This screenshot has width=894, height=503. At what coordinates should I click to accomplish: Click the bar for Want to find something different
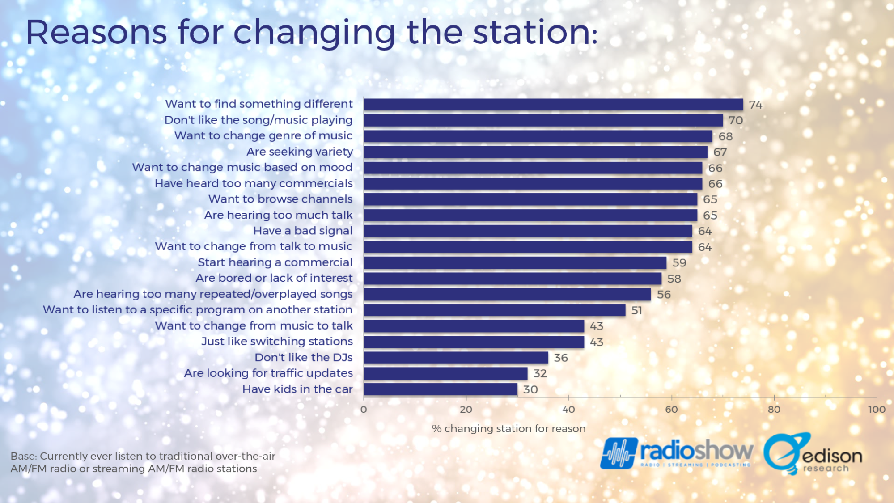pos(553,105)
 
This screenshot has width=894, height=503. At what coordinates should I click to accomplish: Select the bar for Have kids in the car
pos(441,389)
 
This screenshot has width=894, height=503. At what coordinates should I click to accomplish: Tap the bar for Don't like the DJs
pos(456,358)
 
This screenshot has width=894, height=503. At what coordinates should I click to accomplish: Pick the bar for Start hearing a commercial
pos(515,263)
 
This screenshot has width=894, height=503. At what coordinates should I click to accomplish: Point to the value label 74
pos(755,105)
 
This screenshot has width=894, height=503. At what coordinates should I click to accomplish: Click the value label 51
pos(636,310)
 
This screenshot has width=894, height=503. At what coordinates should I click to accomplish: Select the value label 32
pos(540,374)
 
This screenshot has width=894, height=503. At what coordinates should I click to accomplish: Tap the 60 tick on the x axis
pos(671,410)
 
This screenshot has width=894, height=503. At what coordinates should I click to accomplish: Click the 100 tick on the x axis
pos(876,410)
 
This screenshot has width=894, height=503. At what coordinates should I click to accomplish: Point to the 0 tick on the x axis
pos(364,410)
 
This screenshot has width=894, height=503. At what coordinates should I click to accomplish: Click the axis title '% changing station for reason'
pos(508,429)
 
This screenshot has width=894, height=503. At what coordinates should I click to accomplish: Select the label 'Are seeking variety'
pos(300,152)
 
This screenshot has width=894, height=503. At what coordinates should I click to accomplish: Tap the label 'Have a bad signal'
pos(303,231)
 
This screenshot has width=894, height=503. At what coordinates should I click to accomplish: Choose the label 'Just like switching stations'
pos(277,342)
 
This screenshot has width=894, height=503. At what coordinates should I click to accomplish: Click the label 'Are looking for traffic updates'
pos(268,373)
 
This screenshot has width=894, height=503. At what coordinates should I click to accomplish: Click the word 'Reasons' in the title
pos(96,32)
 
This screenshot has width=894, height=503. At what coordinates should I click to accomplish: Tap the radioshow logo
pos(676,453)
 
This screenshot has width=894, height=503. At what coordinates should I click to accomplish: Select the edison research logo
pos(813,454)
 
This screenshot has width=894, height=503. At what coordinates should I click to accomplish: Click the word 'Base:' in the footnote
pos(24,456)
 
